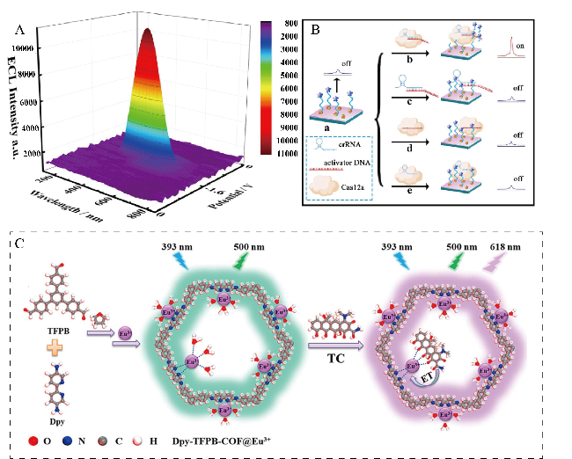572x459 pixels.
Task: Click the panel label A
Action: coord(19,29)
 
